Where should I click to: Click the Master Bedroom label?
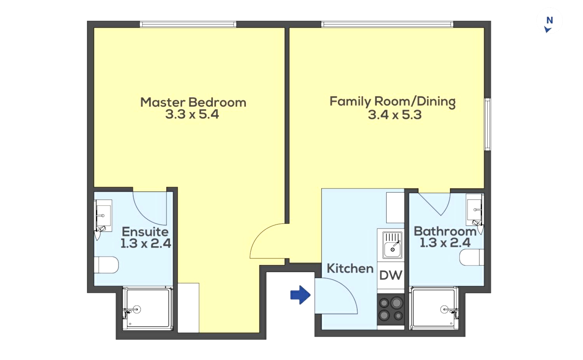193,102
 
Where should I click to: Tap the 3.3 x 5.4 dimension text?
192,114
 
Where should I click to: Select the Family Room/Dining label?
393,102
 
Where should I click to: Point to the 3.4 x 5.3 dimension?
395,115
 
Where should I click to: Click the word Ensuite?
145,232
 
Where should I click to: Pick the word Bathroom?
445,231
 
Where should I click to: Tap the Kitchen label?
350,269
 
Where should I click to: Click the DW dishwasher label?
391,275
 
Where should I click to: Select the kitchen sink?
392,245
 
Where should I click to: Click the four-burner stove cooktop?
391,310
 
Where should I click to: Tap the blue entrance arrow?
300,295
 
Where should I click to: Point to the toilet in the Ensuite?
106,265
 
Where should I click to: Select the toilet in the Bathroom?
472,257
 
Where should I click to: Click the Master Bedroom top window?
188,24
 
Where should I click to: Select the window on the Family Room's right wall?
488,124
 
